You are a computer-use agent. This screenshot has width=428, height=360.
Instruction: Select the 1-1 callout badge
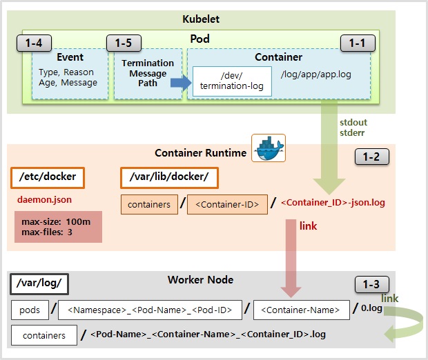pyautogui.click(x=357, y=43)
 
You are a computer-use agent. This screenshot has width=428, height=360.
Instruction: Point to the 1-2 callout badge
pyautogui.click(x=371, y=157)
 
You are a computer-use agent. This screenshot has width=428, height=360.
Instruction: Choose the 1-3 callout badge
pyautogui.click(x=371, y=284)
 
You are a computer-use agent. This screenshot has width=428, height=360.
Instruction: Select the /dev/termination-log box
pyautogui.click(x=232, y=81)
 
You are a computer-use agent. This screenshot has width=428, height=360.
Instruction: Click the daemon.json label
pyautogui.click(x=44, y=199)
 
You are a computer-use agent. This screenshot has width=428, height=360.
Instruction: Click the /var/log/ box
pyautogui.click(x=40, y=283)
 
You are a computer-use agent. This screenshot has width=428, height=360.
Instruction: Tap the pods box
pyautogui.click(x=30, y=310)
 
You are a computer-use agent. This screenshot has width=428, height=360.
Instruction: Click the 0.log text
pyautogui.click(x=372, y=309)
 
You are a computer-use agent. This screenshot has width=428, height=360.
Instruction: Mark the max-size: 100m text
pyautogui.click(x=55, y=221)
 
